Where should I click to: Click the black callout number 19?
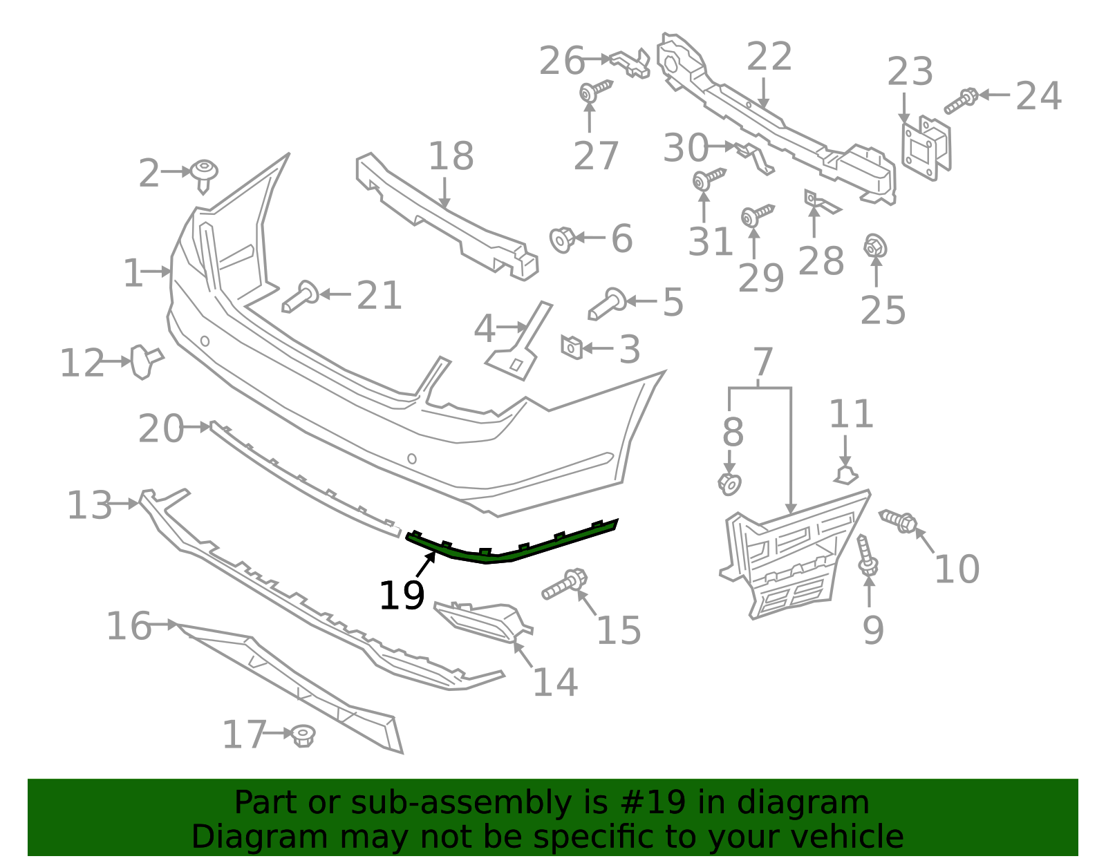click(402, 596)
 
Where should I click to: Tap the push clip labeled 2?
click(204, 176)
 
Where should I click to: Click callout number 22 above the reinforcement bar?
click(769, 56)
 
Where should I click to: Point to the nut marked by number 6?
click(563, 240)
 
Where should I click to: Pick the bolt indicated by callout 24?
click(961, 100)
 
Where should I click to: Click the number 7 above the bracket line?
click(763, 361)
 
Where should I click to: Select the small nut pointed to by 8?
click(729, 484)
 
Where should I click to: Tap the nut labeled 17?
click(304, 736)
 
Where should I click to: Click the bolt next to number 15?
click(565, 584)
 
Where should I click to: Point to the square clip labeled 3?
click(572, 347)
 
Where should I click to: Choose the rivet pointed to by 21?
click(300, 297)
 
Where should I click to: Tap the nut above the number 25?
click(875, 246)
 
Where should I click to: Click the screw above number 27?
click(595, 91)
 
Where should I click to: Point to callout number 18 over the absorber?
click(451, 155)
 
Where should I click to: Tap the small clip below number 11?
click(845, 475)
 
